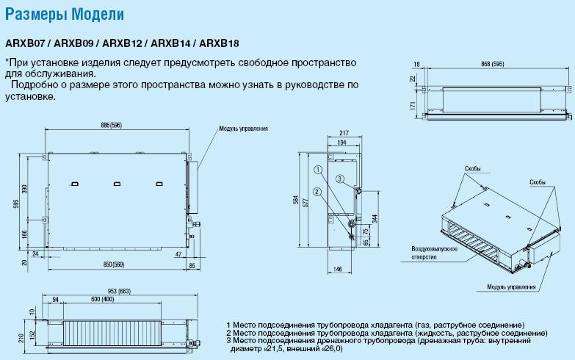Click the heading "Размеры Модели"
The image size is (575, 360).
pos(65,15)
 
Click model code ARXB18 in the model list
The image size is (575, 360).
pos(219,43)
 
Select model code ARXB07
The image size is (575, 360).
pos(25,43)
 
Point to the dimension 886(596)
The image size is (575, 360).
pos(112,125)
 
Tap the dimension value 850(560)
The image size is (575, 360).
pos(114,264)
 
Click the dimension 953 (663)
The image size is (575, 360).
pos(119,292)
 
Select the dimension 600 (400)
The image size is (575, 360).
pos(102,300)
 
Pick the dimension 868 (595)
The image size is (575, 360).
pos(493,64)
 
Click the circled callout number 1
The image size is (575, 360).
pos(318,170)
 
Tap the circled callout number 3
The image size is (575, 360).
pos(340,179)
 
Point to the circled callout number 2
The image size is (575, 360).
pos(317,191)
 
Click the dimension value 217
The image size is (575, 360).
pos(344,133)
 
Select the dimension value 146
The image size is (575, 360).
pos(337,270)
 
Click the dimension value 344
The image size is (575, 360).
pos(375,219)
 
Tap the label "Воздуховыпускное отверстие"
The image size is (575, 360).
pos(435,253)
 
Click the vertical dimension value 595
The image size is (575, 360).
pos(15,204)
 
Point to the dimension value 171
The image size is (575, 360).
pos(413,106)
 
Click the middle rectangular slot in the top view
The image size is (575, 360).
pos(117,184)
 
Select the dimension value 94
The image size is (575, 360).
pos(55,300)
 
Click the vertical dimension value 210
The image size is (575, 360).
pos(21,338)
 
